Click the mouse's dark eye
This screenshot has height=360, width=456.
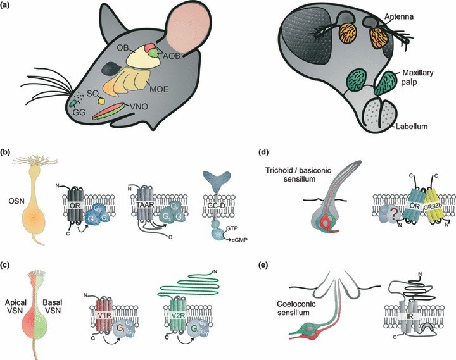coord(109,67)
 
